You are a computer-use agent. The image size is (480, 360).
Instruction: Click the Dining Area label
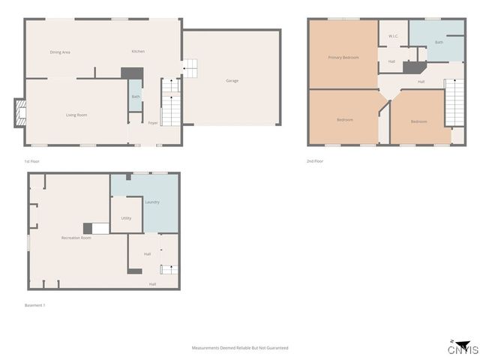pyautogui.click(x=60, y=52)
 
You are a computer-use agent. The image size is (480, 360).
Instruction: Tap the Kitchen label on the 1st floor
pyautogui.click(x=138, y=51)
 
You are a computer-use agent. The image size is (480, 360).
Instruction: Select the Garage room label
pyautogui.click(x=232, y=80)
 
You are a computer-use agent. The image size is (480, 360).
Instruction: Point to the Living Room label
pyautogui.click(x=76, y=115)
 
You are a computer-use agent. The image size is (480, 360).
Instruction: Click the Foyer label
pyautogui.click(x=152, y=122)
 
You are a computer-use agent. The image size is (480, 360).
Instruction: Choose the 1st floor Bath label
pyautogui.click(x=136, y=97)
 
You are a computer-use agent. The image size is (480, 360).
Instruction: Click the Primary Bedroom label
pyautogui.click(x=343, y=57)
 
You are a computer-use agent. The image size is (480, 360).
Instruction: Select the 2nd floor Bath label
pyautogui.click(x=439, y=42)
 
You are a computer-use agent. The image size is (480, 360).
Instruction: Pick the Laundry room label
pyautogui.click(x=152, y=202)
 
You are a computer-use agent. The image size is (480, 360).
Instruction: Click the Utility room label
pyautogui.click(x=126, y=218)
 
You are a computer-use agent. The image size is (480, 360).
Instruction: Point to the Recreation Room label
pyautogui.click(x=76, y=238)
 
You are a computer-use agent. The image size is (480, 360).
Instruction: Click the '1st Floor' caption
pyautogui.click(x=31, y=161)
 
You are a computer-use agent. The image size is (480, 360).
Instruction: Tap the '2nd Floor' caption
pyautogui.click(x=316, y=161)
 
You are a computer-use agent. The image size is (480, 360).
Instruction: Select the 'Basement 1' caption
pyautogui.click(x=35, y=305)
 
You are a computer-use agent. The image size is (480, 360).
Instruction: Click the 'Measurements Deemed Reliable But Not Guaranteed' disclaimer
pyautogui.click(x=240, y=348)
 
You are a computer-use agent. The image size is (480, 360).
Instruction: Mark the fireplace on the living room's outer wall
pyautogui.click(x=19, y=113)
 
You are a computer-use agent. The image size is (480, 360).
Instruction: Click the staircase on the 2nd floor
pyautogui.click(x=454, y=103)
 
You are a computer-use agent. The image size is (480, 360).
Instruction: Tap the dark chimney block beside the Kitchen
pyautogui.click(x=132, y=73)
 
